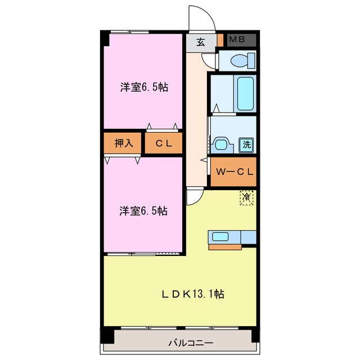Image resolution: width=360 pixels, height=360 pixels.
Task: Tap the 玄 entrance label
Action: [x=201, y=41]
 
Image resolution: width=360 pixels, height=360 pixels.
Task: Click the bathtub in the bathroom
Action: [x=245, y=93]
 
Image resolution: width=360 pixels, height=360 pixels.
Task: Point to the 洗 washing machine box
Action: [x=246, y=144]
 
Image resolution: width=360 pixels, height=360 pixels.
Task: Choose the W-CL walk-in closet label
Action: [x=233, y=172]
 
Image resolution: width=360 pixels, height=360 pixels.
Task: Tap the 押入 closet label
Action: [x=124, y=143]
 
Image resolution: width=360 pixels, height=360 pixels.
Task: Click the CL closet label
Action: [x=164, y=143]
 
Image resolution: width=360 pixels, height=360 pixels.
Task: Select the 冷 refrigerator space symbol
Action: [x=246, y=197]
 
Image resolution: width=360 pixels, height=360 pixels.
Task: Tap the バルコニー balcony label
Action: [x=181, y=342]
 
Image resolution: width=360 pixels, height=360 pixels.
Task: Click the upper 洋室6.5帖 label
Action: [x=143, y=87]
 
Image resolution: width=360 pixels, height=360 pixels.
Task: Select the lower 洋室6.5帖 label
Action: [x=143, y=211]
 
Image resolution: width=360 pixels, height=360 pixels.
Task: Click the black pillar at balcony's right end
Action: [x=255, y=335]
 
